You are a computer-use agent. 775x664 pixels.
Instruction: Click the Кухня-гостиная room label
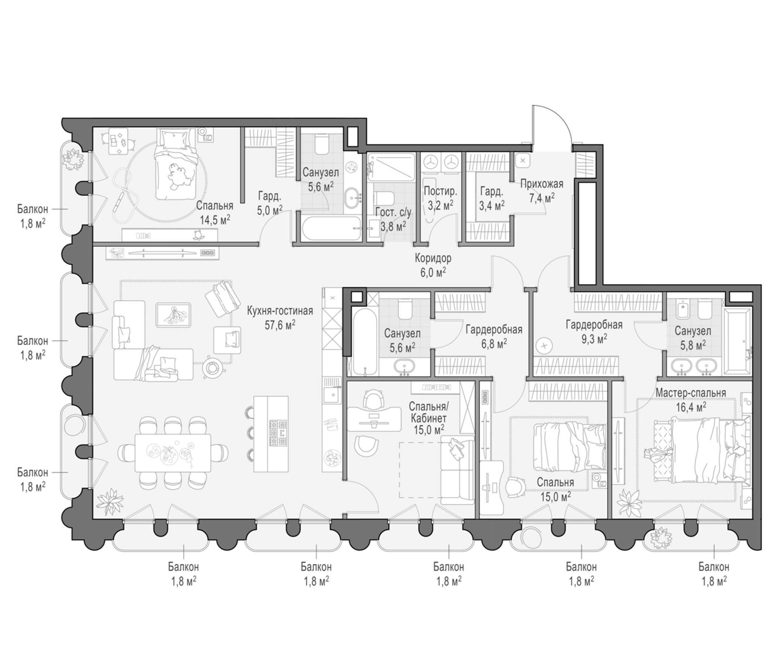click(279, 311)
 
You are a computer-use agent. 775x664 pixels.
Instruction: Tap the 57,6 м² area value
click(280, 325)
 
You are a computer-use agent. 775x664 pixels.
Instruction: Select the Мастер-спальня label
click(691, 393)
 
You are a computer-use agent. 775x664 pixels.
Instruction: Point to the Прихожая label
click(542, 184)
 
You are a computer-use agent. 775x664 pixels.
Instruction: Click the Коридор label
click(433, 258)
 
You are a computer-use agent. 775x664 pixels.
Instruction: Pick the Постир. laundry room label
click(440, 191)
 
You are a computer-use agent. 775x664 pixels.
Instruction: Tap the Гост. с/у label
click(393, 213)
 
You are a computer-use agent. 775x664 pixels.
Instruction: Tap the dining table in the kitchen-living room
click(173, 452)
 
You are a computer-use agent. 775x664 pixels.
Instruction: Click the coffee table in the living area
click(173, 315)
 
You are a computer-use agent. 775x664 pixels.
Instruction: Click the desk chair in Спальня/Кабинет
click(372, 400)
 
